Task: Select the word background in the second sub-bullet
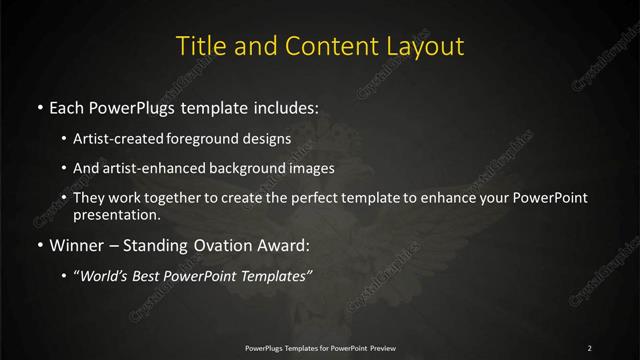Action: [x=250, y=168]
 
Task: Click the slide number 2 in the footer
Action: [x=590, y=347]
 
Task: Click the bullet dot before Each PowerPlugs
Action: [x=39, y=107]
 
